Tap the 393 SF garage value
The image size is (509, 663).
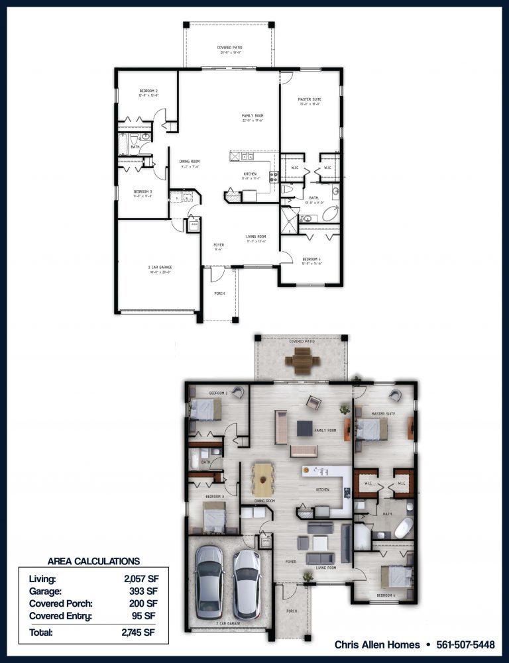tap(143, 591)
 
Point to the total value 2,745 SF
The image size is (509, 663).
tap(141, 633)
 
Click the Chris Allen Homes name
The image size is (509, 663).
tap(377, 644)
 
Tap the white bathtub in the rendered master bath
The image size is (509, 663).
tap(404, 529)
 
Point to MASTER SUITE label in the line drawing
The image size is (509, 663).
tap(310, 99)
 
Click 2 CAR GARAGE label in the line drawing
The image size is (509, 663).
tap(160, 267)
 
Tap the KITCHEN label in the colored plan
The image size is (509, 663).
tap(323, 489)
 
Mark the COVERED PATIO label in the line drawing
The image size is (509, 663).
tap(229, 48)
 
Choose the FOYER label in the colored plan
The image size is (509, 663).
tap(290, 561)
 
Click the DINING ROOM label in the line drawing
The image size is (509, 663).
tap(190, 161)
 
